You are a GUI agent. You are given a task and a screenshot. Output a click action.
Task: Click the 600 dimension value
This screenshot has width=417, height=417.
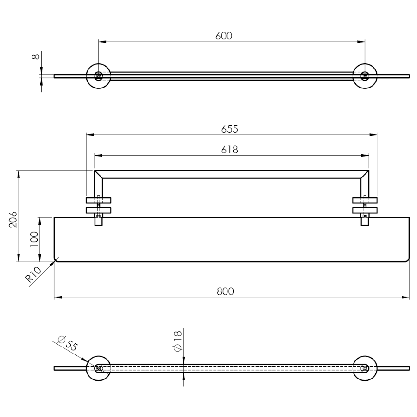click(224, 36)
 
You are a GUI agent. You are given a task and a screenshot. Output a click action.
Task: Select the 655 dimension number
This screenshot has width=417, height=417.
click(230, 129)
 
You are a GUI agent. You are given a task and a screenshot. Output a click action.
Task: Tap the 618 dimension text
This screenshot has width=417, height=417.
click(230, 150)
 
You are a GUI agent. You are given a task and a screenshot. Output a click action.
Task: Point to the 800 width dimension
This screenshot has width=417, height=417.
click(225, 291)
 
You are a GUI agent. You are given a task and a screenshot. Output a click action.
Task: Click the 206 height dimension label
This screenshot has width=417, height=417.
click(13, 220)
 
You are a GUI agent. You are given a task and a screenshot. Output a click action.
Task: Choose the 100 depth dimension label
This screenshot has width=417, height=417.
click(34, 240)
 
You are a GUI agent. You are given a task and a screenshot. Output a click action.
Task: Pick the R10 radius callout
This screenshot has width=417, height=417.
click(33, 274)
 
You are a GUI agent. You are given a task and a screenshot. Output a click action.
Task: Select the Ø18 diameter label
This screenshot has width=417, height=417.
click(177, 341)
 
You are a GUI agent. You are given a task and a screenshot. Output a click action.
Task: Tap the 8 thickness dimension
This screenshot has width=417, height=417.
click(36, 57)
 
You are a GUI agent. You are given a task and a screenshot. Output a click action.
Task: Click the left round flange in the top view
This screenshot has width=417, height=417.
click(98, 76)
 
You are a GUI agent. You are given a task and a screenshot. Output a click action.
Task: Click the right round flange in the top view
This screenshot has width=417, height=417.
click(365, 76)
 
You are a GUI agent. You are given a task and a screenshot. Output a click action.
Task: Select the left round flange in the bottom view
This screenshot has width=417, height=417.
click(98, 368)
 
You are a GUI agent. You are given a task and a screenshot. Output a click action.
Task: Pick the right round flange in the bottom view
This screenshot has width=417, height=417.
click(365, 368)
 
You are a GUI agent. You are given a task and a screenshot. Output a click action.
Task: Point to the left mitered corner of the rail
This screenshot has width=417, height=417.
click(99, 175)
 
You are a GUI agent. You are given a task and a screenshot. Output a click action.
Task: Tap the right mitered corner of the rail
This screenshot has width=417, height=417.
click(365, 175)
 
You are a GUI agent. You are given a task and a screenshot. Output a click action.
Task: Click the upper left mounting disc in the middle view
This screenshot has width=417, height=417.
click(98, 201)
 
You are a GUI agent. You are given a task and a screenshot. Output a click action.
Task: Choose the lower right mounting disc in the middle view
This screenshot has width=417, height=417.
click(365, 210)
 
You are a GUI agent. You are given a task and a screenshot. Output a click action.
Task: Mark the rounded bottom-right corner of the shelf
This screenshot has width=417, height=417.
click(407, 260)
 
